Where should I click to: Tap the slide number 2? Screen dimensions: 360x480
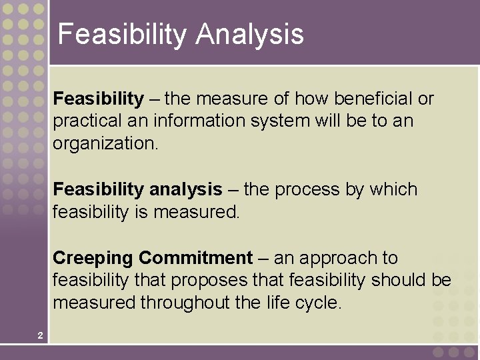[x=40, y=335]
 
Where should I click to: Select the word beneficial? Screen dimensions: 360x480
[x=373, y=99]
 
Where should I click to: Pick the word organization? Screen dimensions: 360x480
[x=105, y=143]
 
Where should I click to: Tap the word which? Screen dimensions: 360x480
[x=393, y=190]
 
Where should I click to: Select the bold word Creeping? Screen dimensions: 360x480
[x=93, y=259]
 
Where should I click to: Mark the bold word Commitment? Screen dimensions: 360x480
[x=196, y=259]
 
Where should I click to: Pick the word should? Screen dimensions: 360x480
[x=399, y=281]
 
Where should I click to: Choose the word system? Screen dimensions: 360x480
[x=281, y=121]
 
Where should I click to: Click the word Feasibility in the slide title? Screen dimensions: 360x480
[x=121, y=35]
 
